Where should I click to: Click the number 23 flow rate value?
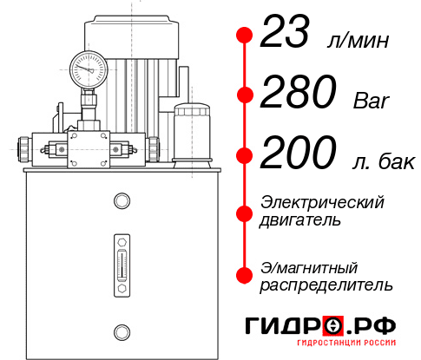coord(285,31)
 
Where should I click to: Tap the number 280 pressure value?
coord(299,91)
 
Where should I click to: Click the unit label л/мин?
coord(358,40)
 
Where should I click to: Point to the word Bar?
coord(372,101)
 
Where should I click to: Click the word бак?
coord(397,161)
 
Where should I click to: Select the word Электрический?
coord(322,202)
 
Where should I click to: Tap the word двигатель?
coord(300,219)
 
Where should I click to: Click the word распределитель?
coord(326,285)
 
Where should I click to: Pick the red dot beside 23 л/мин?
coord(245,35)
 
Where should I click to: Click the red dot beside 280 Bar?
coord(245,95)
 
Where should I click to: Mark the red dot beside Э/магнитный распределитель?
coord(245,275)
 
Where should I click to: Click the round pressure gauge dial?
coord(89,70)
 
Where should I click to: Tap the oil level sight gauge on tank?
coord(122,265)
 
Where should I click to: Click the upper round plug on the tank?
coord(122,200)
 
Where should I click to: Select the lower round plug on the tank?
coord(122,332)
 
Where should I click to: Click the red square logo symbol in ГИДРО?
coord(333,325)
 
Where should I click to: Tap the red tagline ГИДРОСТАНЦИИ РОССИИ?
coord(346,343)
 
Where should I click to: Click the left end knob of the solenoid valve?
coord(23,149)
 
